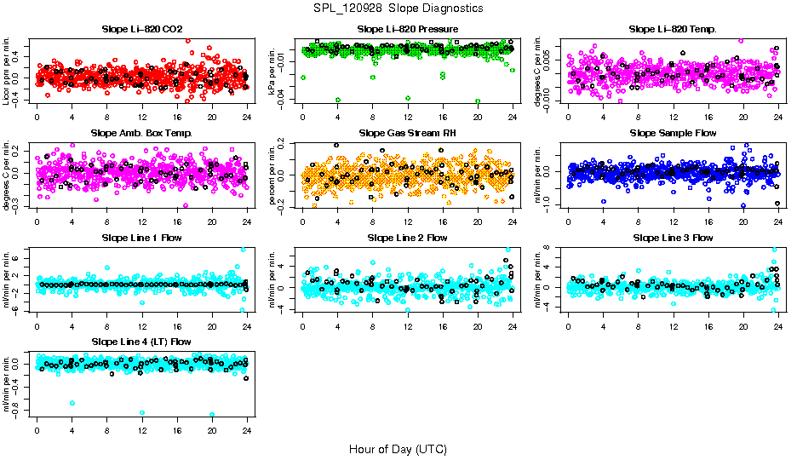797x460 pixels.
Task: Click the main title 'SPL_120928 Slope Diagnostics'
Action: click(398, 8)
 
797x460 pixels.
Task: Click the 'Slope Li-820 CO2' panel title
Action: click(142, 29)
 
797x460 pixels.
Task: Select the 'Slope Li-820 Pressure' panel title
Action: click(408, 29)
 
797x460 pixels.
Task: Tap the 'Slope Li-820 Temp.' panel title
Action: click(673, 29)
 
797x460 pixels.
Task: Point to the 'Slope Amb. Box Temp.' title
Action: click(142, 133)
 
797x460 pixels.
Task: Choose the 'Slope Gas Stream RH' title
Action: click(408, 133)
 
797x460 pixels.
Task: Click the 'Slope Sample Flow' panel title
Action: click(673, 133)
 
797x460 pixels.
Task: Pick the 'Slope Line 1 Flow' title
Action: click(142, 238)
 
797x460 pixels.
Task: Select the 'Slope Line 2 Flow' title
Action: click(408, 238)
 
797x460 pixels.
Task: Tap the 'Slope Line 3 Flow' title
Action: click(673, 238)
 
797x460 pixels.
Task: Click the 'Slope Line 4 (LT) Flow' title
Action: click(142, 342)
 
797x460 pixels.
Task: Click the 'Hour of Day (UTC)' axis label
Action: click(398, 448)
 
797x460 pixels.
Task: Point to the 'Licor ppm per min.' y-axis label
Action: click(7, 72)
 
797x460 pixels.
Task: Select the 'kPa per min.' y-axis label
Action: click(272, 72)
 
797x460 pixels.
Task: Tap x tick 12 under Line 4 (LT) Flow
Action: click(142, 430)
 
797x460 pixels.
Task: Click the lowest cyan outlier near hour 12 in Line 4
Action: click(142, 413)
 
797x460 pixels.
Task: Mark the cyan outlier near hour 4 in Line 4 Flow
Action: click(72, 403)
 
